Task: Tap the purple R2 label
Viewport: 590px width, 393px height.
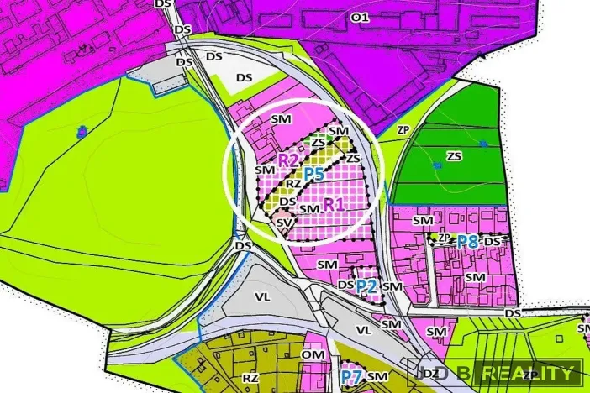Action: [288, 159]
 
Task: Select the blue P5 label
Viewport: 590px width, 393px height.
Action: [313, 174]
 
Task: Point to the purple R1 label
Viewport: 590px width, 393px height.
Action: [334, 203]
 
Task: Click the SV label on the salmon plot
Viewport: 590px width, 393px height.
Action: [283, 222]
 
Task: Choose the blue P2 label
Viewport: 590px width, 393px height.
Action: [366, 286]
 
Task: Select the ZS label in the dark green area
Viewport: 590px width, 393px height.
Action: [454, 156]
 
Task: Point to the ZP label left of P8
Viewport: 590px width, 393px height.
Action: [443, 238]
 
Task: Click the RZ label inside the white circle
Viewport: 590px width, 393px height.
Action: [293, 183]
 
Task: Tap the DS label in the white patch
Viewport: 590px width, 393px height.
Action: [244, 77]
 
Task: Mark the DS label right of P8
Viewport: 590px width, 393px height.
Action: [492, 242]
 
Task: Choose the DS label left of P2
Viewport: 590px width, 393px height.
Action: [345, 285]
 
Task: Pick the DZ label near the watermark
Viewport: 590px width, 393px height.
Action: [431, 372]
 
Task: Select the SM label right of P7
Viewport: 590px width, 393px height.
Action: [376, 376]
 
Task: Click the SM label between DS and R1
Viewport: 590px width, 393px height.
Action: [309, 208]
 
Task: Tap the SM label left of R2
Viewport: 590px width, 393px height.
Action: [264, 170]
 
